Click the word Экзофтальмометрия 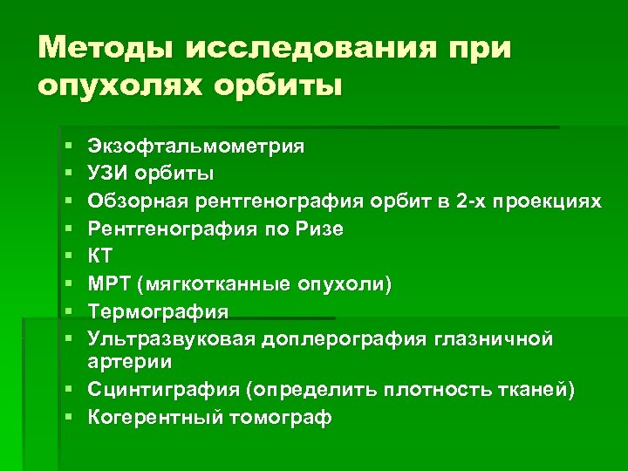point(195,145)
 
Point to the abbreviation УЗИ point(109,173)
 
